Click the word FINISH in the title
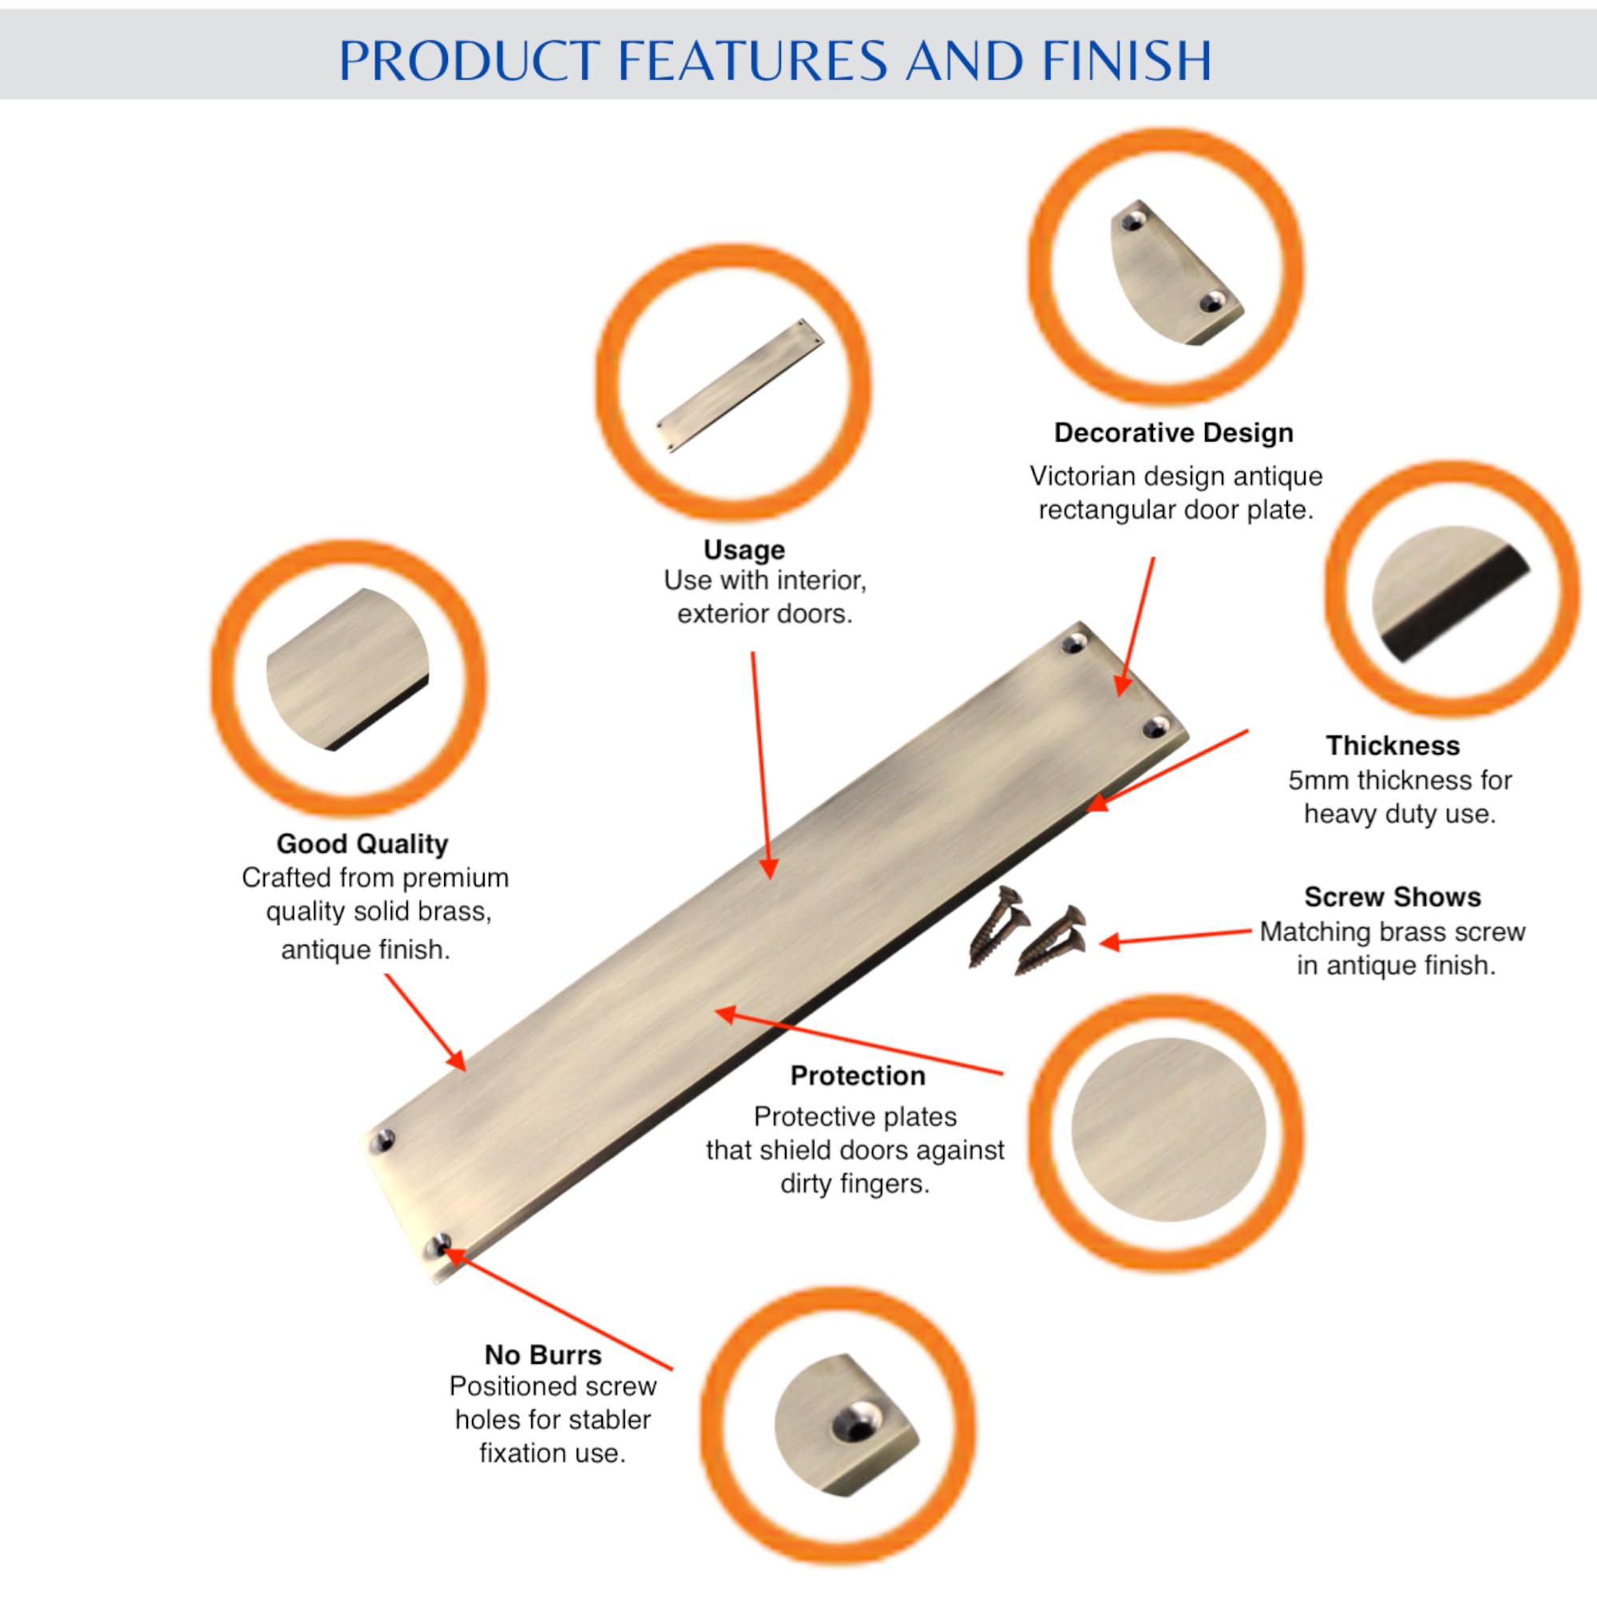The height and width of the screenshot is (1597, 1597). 1127,61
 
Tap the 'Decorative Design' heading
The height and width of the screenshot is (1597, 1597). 1174,433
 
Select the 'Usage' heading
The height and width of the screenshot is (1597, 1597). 744,549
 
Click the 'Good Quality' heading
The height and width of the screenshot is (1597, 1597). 362,844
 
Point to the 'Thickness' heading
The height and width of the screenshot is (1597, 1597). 1393,746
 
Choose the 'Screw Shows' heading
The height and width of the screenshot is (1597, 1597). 1393,897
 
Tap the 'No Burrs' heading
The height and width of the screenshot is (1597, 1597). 543,1355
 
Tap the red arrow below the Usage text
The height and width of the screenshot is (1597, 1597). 760,766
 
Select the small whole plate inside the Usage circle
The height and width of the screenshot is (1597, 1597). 741,386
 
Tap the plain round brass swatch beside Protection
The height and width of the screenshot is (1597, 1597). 1168,1129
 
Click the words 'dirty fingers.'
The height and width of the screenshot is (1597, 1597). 854,1183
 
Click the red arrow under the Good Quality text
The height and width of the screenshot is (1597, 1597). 425,1023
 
